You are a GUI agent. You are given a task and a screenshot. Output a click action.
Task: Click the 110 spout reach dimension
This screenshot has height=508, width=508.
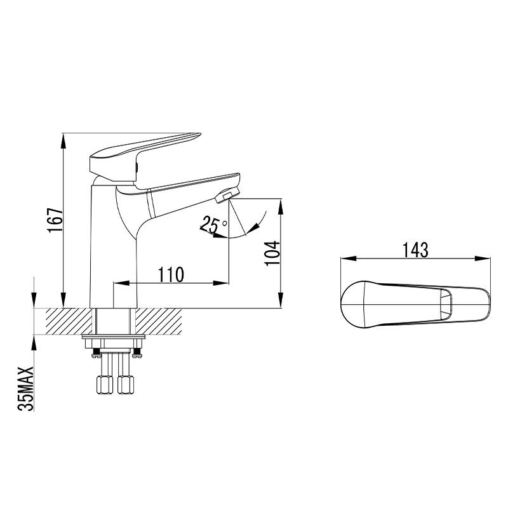pyautogui.click(x=171, y=274)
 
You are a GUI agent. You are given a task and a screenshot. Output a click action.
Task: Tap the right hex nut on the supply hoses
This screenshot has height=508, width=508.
pyautogui.click(x=127, y=385)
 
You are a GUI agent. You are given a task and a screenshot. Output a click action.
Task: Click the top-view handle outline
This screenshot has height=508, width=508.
pyautogui.click(x=381, y=304)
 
